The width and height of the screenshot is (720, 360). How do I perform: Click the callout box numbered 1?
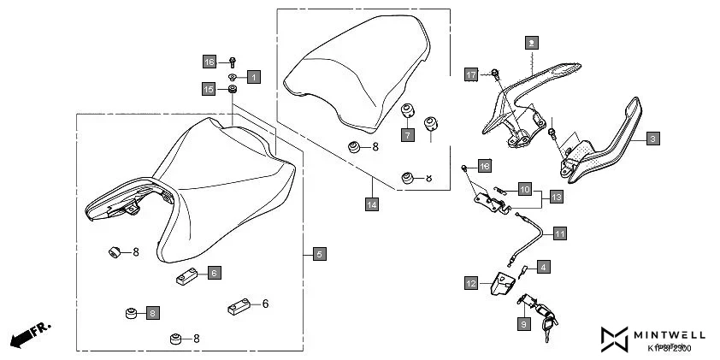[x=253, y=77]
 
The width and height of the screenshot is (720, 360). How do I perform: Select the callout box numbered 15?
[x=209, y=88]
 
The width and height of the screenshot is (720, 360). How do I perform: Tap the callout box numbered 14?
[x=371, y=204]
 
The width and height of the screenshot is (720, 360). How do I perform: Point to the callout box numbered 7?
[x=408, y=134]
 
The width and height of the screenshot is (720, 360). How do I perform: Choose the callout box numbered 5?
[x=318, y=253]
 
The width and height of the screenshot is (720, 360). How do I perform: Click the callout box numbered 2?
[x=531, y=41]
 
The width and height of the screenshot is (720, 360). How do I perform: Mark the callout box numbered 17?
[x=470, y=74]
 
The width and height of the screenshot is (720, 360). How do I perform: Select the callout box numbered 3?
[x=652, y=138]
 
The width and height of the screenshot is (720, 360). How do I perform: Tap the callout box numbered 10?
[x=525, y=187]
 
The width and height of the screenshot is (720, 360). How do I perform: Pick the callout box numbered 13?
[x=556, y=197]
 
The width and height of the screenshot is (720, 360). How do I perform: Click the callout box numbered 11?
[x=559, y=232]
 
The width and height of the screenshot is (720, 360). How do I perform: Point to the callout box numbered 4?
[x=544, y=267]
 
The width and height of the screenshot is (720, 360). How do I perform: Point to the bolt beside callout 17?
[x=495, y=73]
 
